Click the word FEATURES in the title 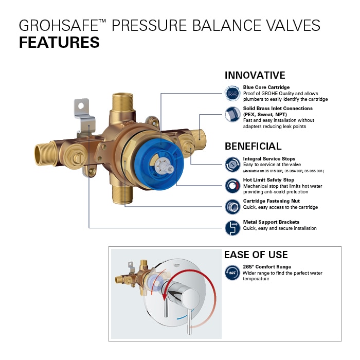click(59, 42)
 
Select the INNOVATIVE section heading click(255, 75)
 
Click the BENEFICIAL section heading click(253, 146)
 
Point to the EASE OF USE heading click(256, 255)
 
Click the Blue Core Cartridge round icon click(232, 93)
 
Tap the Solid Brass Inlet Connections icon click(232, 115)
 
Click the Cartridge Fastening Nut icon click(232, 207)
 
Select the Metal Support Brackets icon click(232, 227)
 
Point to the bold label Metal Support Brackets click(271, 222)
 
